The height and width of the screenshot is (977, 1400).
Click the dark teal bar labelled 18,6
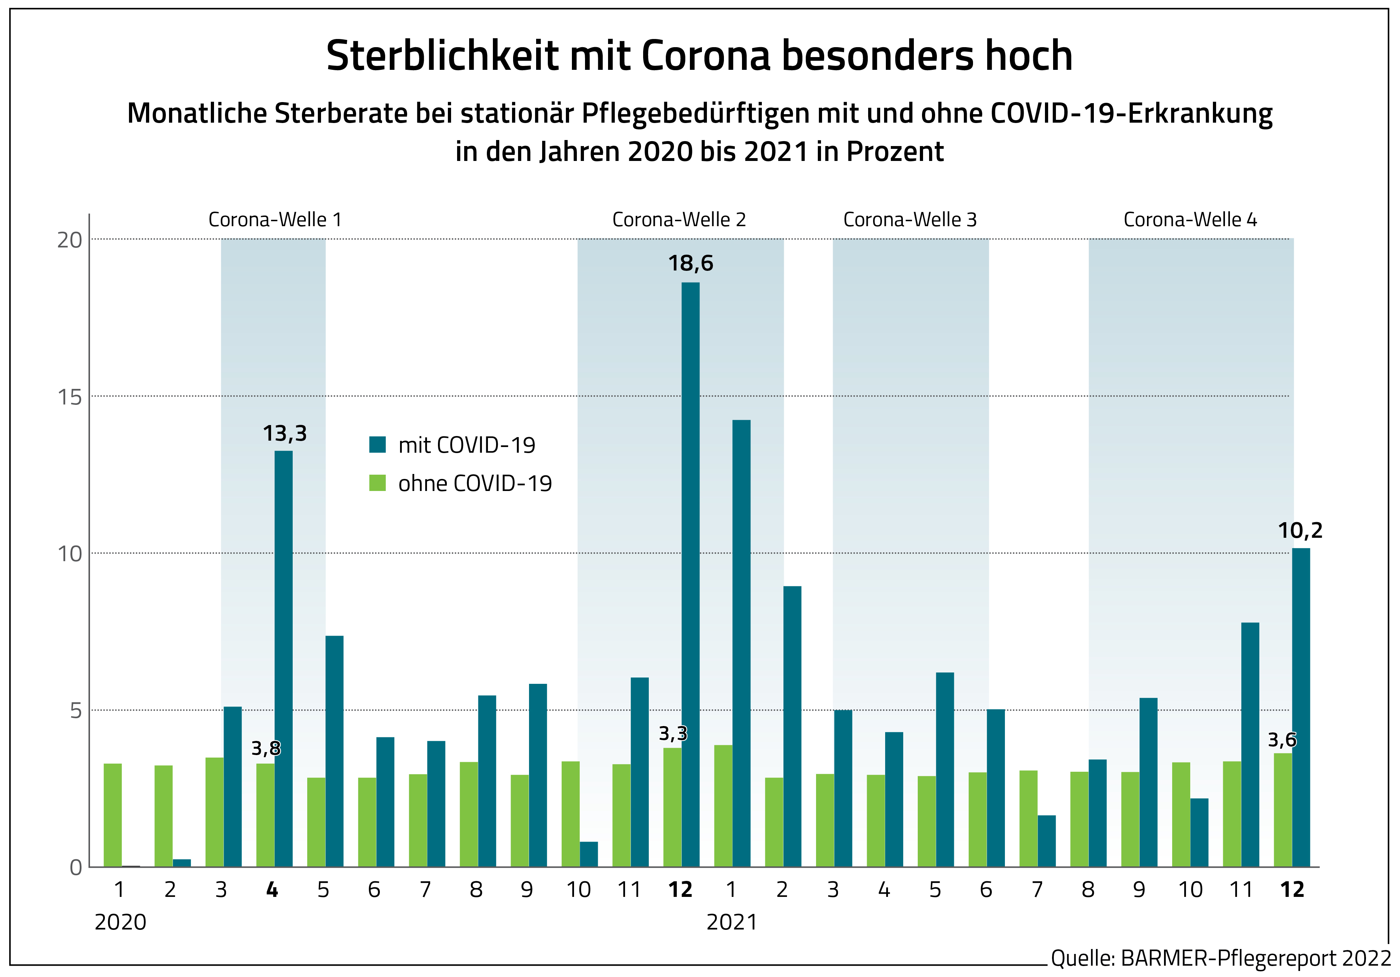690,573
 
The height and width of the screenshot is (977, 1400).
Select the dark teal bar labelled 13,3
283,659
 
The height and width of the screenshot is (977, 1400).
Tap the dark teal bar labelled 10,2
1301,708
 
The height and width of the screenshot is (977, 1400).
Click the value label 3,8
266,748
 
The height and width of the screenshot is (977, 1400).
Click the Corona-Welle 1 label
275,219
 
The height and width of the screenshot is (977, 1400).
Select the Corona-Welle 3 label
910,219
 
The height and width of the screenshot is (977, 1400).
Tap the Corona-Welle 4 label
1190,219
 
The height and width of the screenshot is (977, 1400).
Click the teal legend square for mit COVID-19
377,445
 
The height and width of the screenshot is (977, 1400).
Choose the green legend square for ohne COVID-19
377,483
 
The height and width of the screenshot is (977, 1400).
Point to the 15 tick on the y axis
69,397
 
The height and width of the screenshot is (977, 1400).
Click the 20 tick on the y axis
69,240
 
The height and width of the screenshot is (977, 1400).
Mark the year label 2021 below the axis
732,922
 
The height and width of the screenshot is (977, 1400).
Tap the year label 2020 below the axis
120,922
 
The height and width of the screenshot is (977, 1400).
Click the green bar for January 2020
113,815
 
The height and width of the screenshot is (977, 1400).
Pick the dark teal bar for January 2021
742,643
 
